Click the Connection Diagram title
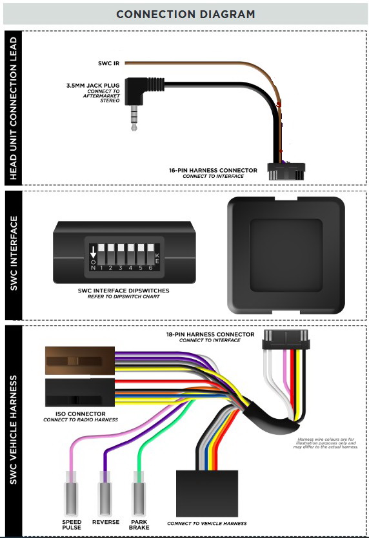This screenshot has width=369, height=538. [x=186, y=14]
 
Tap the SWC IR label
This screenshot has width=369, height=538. [x=108, y=63]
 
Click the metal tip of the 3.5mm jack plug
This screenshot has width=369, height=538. [x=134, y=119]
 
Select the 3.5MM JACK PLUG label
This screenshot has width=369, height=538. [x=93, y=86]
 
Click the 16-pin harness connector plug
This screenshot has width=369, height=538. [x=286, y=171]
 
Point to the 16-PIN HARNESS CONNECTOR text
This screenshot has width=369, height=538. [x=213, y=170]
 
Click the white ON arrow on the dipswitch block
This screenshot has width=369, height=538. [x=93, y=253]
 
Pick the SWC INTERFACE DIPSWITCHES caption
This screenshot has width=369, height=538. [x=123, y=291]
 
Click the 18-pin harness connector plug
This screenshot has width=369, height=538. [x=286, y=340]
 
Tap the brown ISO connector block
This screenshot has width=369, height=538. [x=80, y=361]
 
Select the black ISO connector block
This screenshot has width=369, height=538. [x=80, y=392]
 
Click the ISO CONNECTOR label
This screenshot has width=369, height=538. [x=81, y=414]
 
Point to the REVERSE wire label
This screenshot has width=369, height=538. [x=106, y=522]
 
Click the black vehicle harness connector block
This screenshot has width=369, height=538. [x=207, y=494]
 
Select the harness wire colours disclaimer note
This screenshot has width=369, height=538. [x=326, y=443]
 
